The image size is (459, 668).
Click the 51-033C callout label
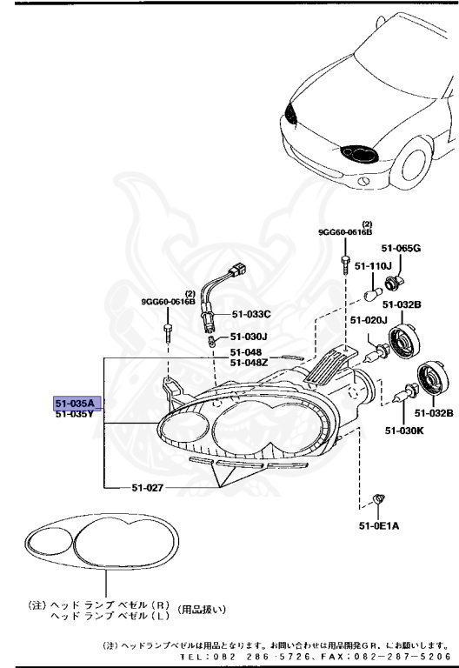(251, 314)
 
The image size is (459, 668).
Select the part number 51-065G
(400, 248)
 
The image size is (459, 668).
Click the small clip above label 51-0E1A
(378, 498)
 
